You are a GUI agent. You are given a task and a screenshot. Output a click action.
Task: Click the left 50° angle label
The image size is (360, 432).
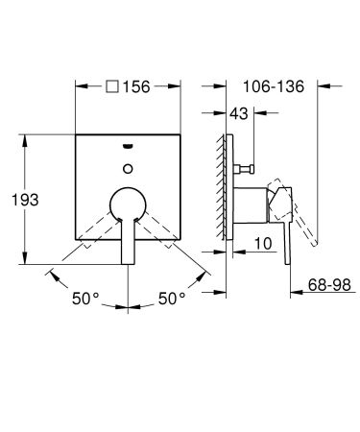(x=84, y=299)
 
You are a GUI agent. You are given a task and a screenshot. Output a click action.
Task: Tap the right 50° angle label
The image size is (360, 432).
(x=171, y=299)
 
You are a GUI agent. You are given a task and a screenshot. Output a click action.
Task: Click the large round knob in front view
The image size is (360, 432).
(x=128, y=204)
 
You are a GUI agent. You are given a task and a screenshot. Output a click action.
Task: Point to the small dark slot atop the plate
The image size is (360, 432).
(x=128, y=147)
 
